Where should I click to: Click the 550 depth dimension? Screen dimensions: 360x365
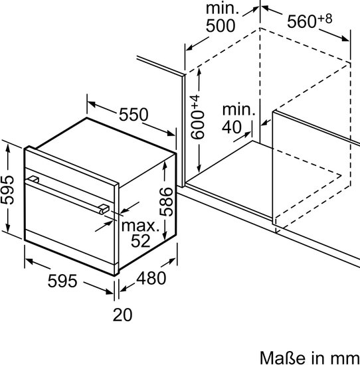point(134,114)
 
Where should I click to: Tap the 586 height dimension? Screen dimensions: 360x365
point(166,202)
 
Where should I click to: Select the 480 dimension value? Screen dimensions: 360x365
point(151,278)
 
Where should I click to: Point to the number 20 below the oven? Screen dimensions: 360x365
point(123,315)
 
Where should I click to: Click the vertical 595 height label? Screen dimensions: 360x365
point(7,190)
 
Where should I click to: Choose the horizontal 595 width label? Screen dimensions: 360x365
point(62,281)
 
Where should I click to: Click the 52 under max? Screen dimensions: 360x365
point(141,241)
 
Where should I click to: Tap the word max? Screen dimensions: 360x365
point(140,226)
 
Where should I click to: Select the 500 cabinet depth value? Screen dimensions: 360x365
point(221,26)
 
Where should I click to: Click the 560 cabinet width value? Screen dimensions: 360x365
point(302,22)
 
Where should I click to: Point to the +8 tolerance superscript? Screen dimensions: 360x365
point(325,19)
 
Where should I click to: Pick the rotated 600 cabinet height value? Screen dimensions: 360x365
point(197,125)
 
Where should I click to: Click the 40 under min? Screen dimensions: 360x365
point(232,127)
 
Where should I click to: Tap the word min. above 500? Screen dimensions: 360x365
point(223,9)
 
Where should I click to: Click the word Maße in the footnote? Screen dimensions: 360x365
point(282,358)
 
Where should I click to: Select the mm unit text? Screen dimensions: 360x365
point(348,360)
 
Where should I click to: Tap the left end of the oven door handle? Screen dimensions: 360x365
point(33,179)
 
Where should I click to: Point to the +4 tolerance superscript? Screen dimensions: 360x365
point(196,102)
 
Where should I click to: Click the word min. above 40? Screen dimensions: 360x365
point(238,110)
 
